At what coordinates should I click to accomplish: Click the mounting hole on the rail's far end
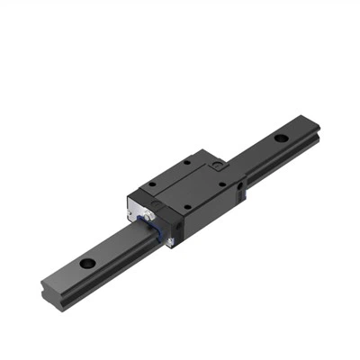[282, 139]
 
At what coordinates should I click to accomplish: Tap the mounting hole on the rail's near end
[88, 264]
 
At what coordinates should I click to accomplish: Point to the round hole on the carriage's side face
[241, 186]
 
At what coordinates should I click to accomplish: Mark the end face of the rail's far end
[317, 127]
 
